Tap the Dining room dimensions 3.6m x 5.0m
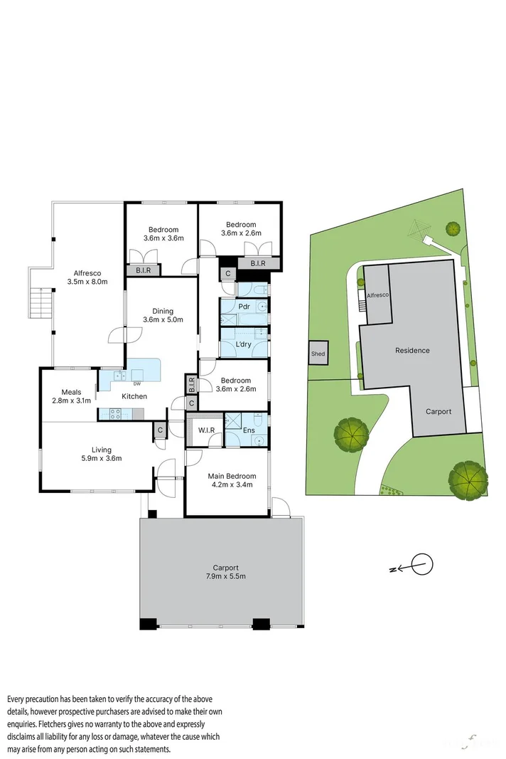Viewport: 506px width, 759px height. click(163, 319)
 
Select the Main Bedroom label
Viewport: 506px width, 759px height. click(231, 476)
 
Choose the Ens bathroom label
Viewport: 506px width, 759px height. click(249, 430)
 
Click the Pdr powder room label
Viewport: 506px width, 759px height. click(243, 307)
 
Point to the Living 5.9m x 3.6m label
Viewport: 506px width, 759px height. click(101, 453)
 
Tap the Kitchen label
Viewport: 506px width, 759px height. click(134, 396)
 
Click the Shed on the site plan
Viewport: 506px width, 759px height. click(318, 354)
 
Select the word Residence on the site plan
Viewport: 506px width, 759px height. click(412, 350)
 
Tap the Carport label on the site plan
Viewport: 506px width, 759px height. click(438, 411)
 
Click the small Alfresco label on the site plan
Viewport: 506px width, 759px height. click(377, 295)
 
